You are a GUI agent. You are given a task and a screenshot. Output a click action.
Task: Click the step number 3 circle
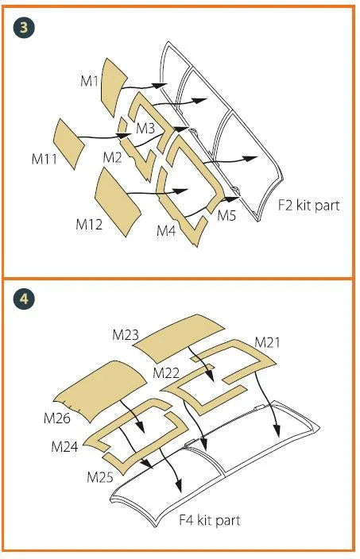[24, 28]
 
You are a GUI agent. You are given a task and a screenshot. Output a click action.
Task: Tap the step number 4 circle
[24, 298]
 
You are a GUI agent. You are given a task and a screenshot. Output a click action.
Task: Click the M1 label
[89, 81]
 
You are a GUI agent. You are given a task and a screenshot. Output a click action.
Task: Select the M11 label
[45, 159]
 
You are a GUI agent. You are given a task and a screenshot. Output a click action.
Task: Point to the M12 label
[89, 224]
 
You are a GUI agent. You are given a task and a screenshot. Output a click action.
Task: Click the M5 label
[227, 215]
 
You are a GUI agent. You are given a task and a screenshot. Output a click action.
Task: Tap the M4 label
[166, 231]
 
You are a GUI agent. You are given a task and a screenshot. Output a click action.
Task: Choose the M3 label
[145, 129]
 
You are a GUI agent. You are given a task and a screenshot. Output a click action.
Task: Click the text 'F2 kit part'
[308, 206]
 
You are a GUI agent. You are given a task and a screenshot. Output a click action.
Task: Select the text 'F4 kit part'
[210, 520]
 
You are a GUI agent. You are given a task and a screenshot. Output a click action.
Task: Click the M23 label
[126, 335]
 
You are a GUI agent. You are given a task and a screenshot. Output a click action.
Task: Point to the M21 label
[267, 342]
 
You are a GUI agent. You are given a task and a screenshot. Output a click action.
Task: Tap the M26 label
[56, 418]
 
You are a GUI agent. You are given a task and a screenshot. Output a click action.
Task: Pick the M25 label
[100, 477]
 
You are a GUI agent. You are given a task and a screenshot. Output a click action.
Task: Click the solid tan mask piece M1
[114, 87]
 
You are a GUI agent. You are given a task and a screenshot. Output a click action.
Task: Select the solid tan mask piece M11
[68, 144]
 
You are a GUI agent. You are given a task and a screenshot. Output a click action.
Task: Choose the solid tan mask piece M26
[100, 391]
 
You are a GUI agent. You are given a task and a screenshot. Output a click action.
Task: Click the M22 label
[166, 373]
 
